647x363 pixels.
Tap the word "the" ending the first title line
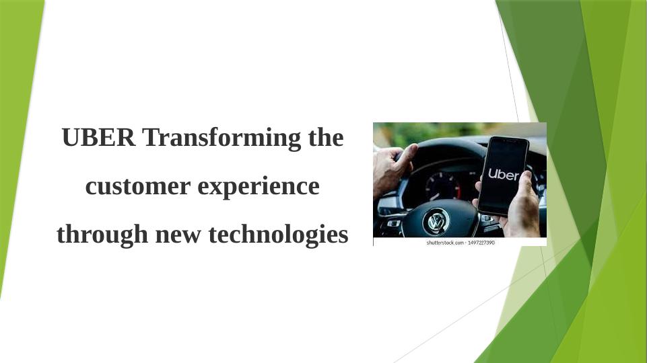click(x=325, y=138)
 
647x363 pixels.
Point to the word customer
click(x=138, y=186)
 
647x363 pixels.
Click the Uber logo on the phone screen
click(x=503, y=174)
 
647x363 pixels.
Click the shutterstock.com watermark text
click(x=445, y=242)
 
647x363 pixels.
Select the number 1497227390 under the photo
click(x=481, y=242)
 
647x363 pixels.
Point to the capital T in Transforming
click(x=150, y=138)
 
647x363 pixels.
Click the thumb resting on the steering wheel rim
click(x=408, y=154)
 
